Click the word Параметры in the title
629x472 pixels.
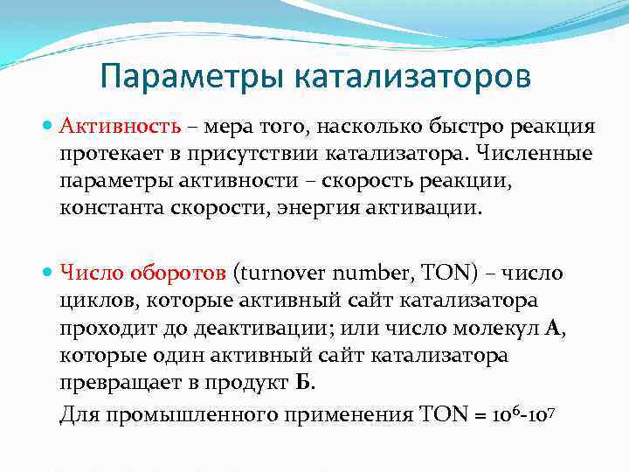pyautogui.click(x=193, y=76)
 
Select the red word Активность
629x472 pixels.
pyautogui.click(x=120, y=127)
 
